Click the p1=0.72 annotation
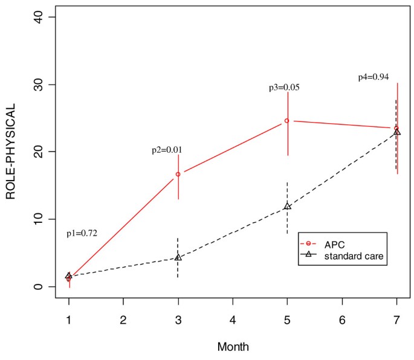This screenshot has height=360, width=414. click(x=82, y=234)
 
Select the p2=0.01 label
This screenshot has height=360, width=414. click(x=167, y=150)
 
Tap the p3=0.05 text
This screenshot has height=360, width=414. click(x=284, y=88)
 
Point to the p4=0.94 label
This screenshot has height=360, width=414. click(x=374, y=77)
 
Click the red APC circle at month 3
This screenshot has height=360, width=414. click(x=178, y=174)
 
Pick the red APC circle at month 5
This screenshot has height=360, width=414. click(x=287, y=121)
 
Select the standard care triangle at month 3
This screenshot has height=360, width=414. click(x=178, y=257)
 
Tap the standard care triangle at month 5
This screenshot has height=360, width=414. click(x=287, y=207)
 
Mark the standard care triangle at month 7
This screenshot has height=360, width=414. click(x=397, y=132)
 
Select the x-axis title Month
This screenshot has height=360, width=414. click(x=233, y=347)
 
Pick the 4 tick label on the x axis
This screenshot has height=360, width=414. click(x=233, y=319)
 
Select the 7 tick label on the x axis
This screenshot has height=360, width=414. click(x=397, y=319)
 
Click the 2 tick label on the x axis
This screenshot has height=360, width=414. click(x=123, y=319)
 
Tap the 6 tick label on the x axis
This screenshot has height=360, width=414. click(x=342, y=319)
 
